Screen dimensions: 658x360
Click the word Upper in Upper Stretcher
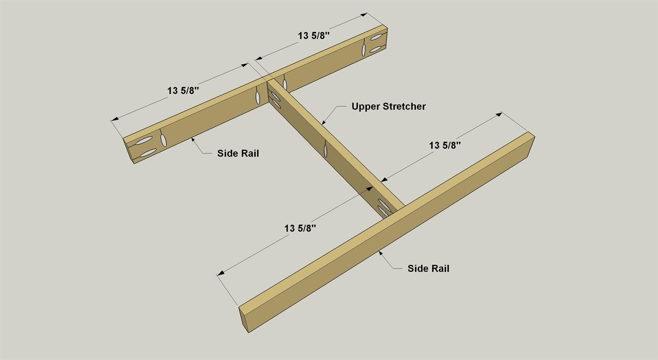[x=365, y=107]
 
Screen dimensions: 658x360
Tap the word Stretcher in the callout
[x=404, y=106]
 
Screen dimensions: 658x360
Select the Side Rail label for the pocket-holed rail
[x=238, y=153]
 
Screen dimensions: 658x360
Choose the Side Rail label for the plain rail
[x=428, y=268]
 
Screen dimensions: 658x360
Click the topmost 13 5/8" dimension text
[x=314, y=36]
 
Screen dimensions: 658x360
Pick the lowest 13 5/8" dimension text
[x=300, y=228]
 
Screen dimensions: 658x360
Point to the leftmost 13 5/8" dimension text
[x=183, y=90]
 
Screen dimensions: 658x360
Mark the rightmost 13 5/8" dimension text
[x=445, y=145]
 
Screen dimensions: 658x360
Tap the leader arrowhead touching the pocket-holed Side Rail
[x=193, y=140]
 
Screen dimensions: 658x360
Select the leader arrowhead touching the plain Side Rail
[x=381, y=253]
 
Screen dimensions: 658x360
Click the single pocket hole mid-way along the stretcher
[x=325, y=148]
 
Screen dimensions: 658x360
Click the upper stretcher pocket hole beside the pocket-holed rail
[x=275, y=96]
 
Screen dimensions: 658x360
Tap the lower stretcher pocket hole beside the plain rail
[x=383, y=211]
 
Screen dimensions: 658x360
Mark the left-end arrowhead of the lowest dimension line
[x=221, y=273]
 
